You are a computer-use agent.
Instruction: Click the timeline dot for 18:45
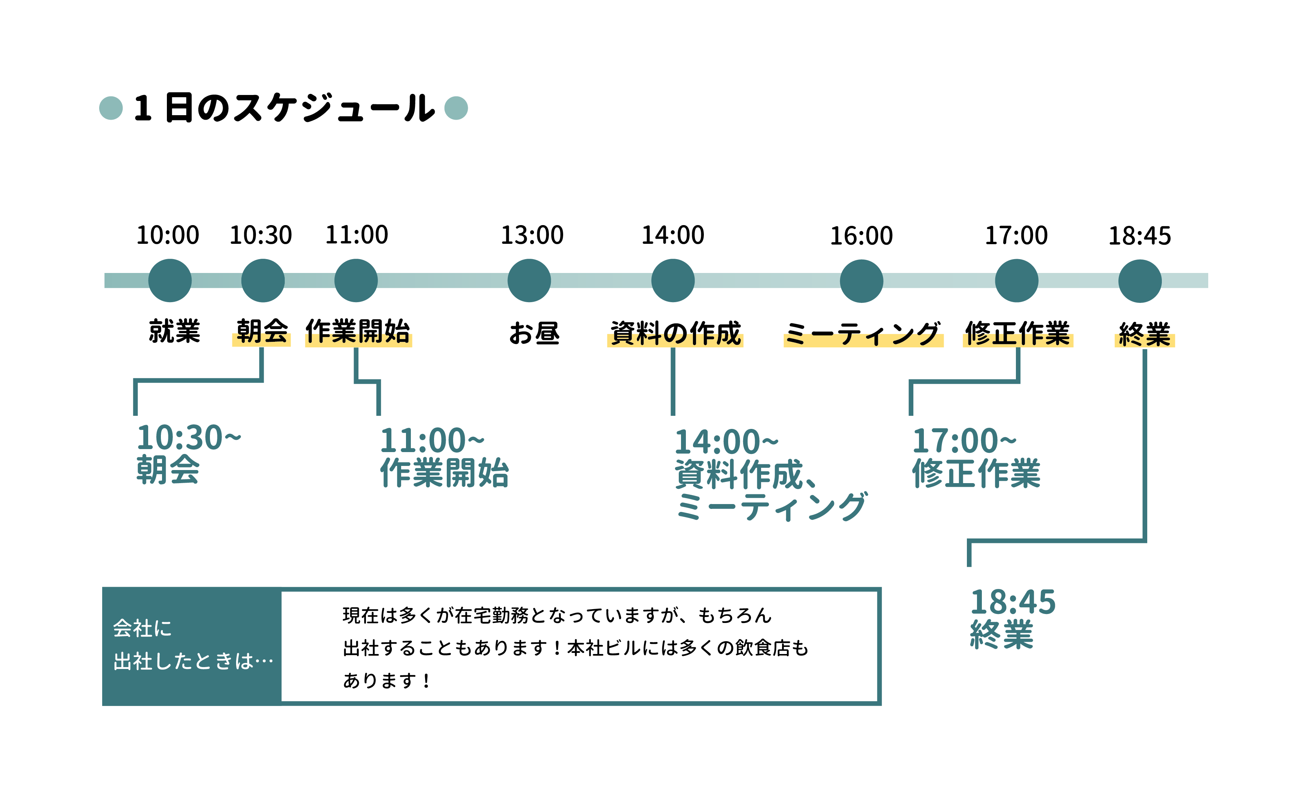click(x=1140, y=281)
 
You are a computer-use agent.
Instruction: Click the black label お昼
click(x=534, y=333)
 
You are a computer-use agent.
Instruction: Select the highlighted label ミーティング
click(x=862, y=334)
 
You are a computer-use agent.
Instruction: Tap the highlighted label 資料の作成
click(x=675, y=333)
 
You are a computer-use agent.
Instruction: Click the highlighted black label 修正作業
click(x=1017, y=333)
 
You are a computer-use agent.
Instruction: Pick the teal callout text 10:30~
click(x=189, y=437)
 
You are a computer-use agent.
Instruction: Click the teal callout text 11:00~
click(x=432, y=440)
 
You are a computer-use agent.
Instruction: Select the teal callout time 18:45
click(x=1013, y=602)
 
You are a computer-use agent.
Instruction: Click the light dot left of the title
click(x=111, y=108)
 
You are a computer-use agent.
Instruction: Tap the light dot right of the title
click(x=456, y=108)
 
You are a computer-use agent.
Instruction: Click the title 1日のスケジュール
click(x=284, y=108)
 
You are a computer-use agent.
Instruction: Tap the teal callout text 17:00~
click(x=964, y=440)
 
